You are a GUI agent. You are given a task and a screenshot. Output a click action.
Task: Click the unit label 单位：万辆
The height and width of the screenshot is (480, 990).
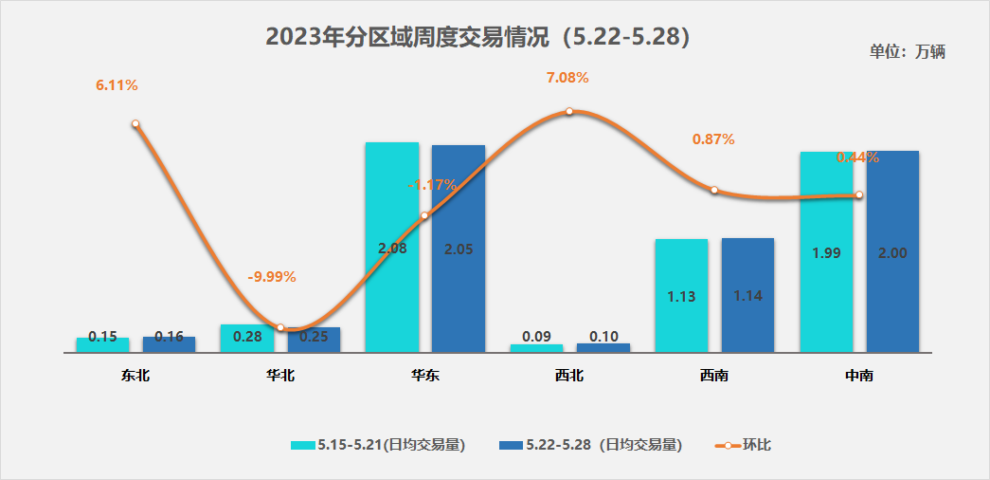click(x=907, y=52)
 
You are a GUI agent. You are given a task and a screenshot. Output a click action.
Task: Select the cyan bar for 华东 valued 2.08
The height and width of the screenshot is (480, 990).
click(x=391, y=247)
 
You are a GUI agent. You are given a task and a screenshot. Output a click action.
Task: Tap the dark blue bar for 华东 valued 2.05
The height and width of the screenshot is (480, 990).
click(x=458, y=249)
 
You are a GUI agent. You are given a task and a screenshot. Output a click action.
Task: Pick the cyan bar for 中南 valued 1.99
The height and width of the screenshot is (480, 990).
click(x=826, y=251)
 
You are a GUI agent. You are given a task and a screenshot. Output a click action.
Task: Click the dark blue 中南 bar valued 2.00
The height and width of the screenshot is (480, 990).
click(x=892, y=251)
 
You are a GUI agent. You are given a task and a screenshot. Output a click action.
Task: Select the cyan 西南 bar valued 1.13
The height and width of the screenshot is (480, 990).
click(x=681, y=295)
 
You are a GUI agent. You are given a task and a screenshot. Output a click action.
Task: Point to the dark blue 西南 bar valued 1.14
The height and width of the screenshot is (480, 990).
click(x=747, y=294)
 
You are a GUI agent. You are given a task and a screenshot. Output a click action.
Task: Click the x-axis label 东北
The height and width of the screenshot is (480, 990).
click(x=135, y=376)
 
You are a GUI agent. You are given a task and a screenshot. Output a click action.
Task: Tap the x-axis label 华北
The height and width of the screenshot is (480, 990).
click(x=280, y=376)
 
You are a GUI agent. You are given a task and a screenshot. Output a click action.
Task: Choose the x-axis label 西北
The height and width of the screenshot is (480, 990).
click(x=569, y=376)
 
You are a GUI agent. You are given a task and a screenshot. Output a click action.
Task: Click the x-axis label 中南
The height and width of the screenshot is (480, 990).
click(x=858, y=376)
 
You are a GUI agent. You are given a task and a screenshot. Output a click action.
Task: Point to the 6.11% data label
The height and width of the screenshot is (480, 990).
click(x=117, y=85)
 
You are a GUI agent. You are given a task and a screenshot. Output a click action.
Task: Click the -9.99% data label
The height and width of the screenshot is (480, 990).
click(x=272, y=277)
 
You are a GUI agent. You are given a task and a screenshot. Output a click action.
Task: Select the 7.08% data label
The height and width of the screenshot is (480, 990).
click(x=567, y=78)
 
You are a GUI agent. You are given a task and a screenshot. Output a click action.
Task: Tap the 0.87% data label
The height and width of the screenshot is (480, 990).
click(x=713, y=139)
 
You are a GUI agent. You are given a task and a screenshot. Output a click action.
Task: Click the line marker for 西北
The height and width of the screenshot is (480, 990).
click(x=569, y=111)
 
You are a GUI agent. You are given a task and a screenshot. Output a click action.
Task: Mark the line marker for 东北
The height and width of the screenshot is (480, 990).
click(x=135, y=123)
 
